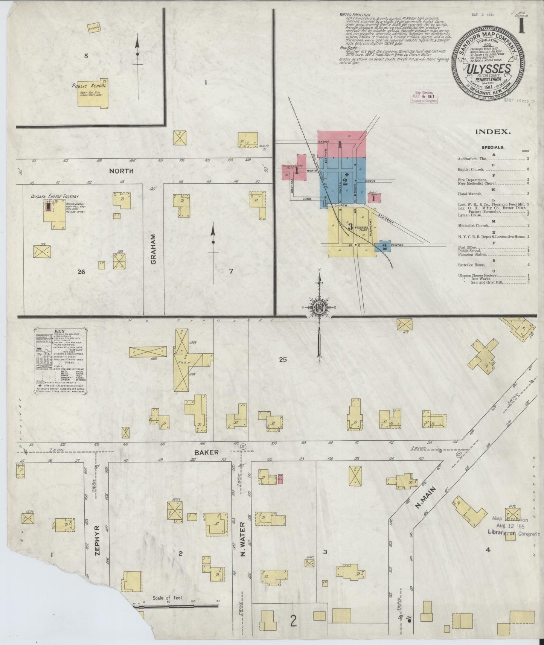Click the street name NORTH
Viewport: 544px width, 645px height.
pos(121,171)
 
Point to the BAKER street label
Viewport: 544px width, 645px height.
pos(206,452)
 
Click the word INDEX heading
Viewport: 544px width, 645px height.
pos(493,132)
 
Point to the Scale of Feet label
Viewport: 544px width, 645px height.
pos(168,598)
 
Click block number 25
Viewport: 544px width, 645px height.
pos(283,359)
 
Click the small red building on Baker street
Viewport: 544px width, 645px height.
pos(280,479)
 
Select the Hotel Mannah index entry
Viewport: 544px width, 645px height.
pos(470,193)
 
